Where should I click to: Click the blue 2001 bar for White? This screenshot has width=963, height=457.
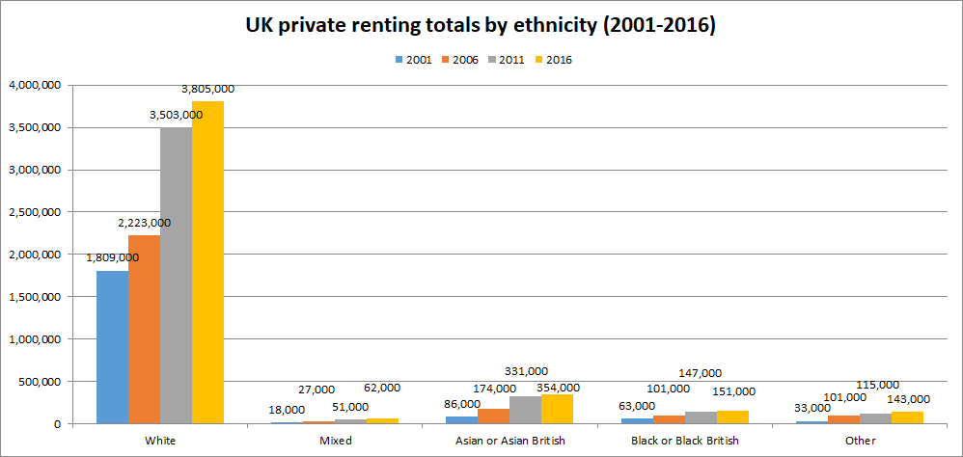tap(112, 347)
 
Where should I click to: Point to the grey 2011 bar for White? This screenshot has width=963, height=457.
tap(176, 276)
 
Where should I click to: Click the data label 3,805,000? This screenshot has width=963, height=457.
tap(207, 89)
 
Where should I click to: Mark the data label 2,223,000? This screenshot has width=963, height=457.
tap(144, 223)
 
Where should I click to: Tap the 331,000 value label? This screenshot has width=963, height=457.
tap(526, 370)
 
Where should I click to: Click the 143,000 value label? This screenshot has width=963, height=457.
tap(908, 399)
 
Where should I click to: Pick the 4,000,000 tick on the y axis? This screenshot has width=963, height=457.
tap(35, 85)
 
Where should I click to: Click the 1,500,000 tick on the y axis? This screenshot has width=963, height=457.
tap(35, 297)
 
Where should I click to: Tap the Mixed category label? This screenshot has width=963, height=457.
tap(336, 441)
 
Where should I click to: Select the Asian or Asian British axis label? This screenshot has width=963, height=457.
tap(509, 441)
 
